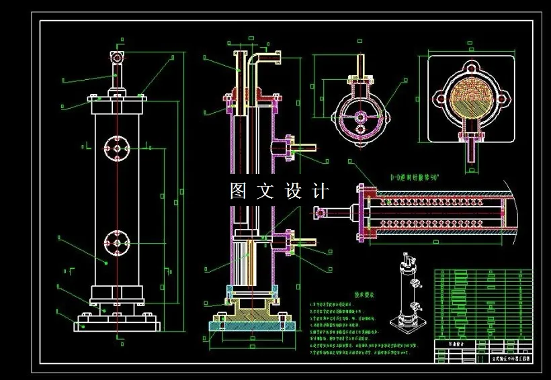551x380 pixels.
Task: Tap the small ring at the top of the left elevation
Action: (x=118, y=57)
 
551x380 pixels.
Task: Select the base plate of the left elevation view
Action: (x=118, y=324)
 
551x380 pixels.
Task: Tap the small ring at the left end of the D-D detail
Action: (x=320, y=213)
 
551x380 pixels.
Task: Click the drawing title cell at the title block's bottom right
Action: (x=508, y=359)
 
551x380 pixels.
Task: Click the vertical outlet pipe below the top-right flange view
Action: (x=471, y=150)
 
